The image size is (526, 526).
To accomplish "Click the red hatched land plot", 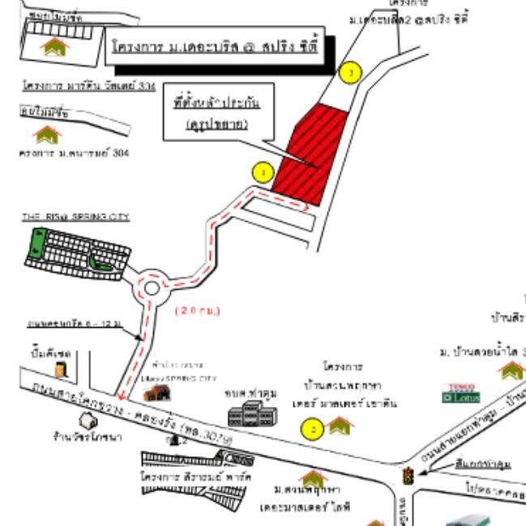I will pyautogui.click(x=310, y=154).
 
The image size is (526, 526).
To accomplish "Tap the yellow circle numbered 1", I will pyautogui.click(x=262, y=172).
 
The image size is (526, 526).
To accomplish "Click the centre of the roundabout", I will pyautogui.click(x=152, y=287).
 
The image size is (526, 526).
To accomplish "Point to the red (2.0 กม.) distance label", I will pyautogui.click(x=198, y=310).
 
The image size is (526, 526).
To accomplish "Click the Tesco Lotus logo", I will pyautogui.click(x=455, y=393).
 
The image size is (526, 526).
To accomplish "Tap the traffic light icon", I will pyautogui.click(x=408, y=476).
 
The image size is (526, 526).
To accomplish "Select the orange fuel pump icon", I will pyautogui.click(x=60, y=369).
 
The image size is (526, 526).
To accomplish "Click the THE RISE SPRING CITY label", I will pyautogui.click(x=75, y=217).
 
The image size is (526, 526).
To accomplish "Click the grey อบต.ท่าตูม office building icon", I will pyautogui.click(x=246, y=416).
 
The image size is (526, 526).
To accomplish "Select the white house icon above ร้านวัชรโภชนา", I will pyautogui.click(x=87, y=420).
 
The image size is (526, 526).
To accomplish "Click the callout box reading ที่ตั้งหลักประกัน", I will pyautogui.click(x=216, y=113).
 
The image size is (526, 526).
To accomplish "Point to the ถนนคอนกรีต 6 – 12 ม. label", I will pyautogui.click(x=73, y=323).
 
